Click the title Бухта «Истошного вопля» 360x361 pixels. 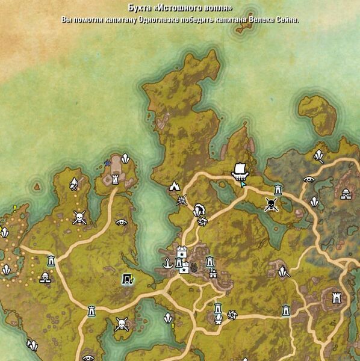(x=180, y=8)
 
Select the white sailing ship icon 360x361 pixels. (x=240, y=170)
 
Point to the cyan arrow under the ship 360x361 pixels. (x=241, y=183)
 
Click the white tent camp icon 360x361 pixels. (x=175, y=186)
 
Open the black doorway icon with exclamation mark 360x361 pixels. (x=127, y=278)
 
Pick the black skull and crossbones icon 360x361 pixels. (x=272, y=205)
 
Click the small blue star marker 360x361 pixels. (x=108, y=162)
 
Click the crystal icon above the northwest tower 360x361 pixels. (x=125, y=158)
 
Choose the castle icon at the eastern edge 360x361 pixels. (x=336, y=297)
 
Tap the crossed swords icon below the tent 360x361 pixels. (x=181, y=200)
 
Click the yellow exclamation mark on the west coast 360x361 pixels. (x=14, y=209)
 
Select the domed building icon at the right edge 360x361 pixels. (x=346, y=194)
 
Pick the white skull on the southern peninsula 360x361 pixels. (x=122, y=325)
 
